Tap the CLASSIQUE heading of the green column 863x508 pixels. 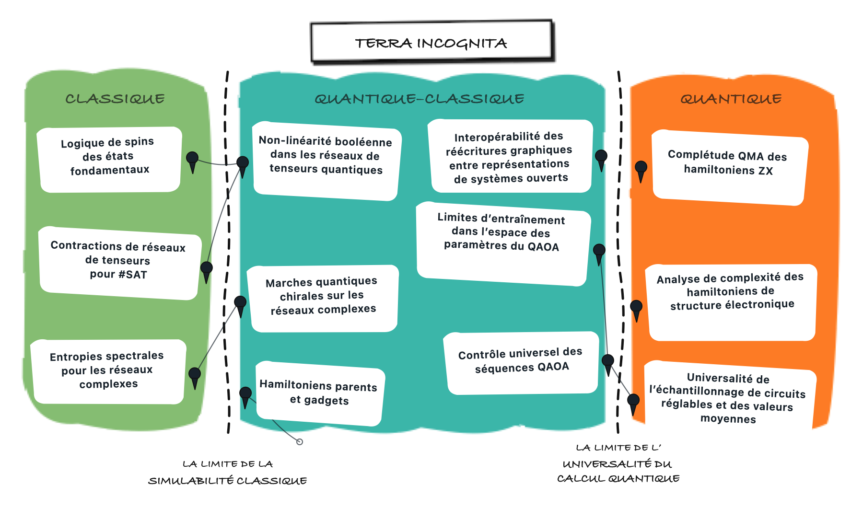coord(115,99)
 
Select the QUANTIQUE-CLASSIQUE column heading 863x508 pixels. coord(420,99)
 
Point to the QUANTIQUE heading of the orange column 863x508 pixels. coord(731,99)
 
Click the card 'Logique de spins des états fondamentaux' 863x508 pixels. coord(109,160)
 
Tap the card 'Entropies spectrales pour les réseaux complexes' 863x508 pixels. coord(108,371)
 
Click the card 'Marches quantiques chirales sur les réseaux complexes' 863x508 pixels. coord(323,298)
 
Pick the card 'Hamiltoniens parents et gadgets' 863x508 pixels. coord(320,393)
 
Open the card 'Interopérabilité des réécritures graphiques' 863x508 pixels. coord(510,156)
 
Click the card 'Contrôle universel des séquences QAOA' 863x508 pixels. coord(521,363)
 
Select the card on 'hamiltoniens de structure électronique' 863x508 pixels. coord(732,302)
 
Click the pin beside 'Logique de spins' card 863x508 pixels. coord(192,162)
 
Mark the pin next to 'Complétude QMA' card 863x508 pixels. coord(641,172)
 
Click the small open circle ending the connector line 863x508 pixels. coord(300,442)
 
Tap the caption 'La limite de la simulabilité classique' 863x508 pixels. coord(228,472)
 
